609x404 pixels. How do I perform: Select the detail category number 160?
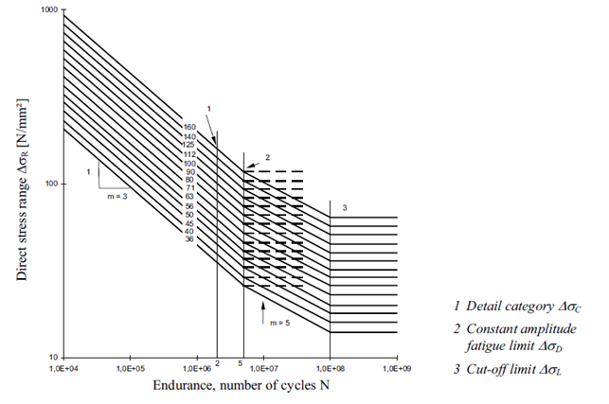[188, 127]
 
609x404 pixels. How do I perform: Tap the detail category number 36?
[189, 239]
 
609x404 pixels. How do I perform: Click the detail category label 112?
[188, 153]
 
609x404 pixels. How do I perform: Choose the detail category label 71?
[189, 188]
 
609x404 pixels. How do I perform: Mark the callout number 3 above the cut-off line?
[345, 206]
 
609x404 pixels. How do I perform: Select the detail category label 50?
[189, 214]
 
